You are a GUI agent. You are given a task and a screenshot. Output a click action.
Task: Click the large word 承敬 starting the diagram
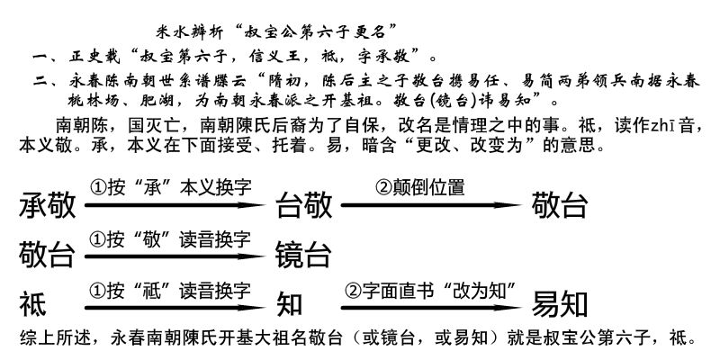tap(48, 205)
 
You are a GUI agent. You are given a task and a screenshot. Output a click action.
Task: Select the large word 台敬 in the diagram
tap(303, 205)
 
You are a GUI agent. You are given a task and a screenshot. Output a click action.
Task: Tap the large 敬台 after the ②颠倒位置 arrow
tap(560, 205)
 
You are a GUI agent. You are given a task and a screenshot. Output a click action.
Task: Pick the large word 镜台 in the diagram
tap(303, 256)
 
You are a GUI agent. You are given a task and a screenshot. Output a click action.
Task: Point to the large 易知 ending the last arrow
tap(560, 305)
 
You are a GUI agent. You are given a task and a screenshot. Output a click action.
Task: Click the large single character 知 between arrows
tap(289, 305)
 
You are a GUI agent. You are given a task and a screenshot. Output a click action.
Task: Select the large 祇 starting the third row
tap(33, 305)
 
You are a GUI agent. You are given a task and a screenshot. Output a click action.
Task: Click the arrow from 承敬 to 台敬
tap(175, 205)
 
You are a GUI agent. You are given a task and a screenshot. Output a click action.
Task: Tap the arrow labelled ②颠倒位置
tap(432, 205)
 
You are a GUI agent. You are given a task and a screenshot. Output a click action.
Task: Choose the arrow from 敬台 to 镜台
tap(175, 256)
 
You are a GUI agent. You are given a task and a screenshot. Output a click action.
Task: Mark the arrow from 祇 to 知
tap(175, 307)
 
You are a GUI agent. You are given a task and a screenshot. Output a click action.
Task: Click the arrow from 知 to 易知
tap(432, 307)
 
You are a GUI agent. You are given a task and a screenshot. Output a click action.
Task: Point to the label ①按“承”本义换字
tap(171, 187)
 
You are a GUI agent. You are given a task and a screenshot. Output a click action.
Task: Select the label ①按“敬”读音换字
tap(170, 239)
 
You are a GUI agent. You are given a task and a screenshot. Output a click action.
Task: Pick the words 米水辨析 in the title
tap(190, 32)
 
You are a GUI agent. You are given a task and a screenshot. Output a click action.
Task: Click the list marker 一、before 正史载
tap(44, 58)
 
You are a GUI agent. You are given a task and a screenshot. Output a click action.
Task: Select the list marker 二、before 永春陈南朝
tap(44, 82)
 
